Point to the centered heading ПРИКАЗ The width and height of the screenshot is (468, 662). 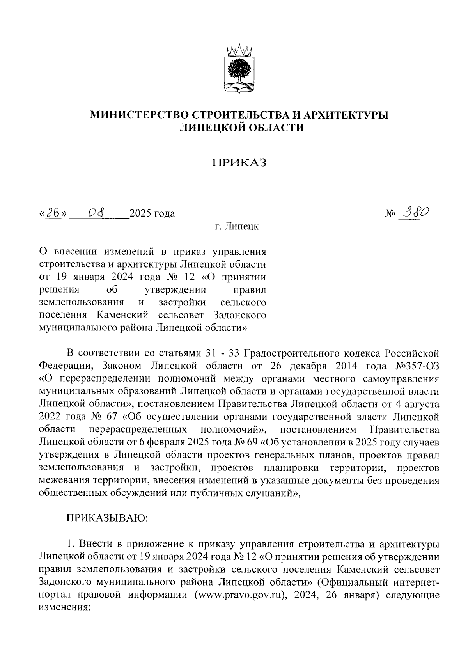point(239,162)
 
